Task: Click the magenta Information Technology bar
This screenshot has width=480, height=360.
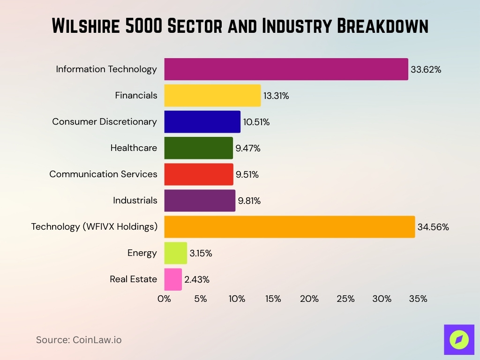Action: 286,69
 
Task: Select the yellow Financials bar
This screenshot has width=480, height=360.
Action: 212,96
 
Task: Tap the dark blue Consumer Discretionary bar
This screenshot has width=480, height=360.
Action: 202,122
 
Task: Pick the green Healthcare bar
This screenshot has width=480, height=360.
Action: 198,148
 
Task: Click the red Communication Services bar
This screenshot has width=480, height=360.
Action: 198,174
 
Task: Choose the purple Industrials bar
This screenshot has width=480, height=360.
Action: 200,201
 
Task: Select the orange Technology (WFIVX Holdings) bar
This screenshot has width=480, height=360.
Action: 289,227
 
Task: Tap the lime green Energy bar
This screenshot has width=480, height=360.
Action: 175,253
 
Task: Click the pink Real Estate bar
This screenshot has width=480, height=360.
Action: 173,279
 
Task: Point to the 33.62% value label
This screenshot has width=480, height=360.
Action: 426,70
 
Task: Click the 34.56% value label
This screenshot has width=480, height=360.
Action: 433,227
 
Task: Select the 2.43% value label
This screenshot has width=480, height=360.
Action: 197,280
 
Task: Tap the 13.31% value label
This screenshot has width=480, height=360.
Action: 276,96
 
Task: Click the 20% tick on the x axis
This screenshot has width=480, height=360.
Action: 309,299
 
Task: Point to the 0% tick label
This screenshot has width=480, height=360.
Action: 165,299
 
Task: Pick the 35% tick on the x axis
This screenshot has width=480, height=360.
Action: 418,299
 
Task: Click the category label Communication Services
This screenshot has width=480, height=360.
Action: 103,174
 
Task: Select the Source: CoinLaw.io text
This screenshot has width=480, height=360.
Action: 79,340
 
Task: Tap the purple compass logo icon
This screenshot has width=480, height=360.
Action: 459,339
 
